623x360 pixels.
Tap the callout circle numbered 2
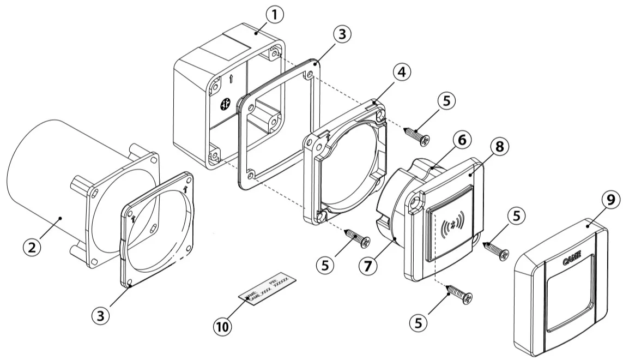point(32,247)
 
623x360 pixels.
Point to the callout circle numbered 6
point(462,140)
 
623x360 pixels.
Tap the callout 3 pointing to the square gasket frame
point(341,34)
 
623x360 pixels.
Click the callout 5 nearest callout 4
point(446,101)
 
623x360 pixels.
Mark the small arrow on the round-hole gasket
point(186,190)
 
